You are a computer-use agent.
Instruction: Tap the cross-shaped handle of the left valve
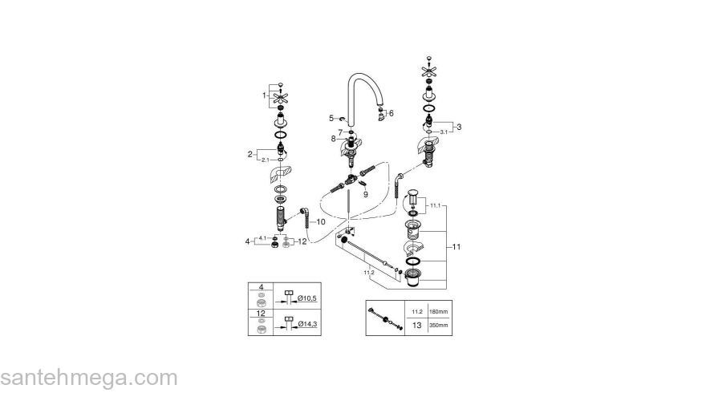pyautogui.click(x=282, y=99)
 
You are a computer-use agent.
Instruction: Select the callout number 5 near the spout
pyautogui.click(x=331, y=118)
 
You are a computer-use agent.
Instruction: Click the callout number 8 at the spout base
pyautogui.click(x=332, y=139)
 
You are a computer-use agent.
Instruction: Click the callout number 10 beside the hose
pyautogui.click(x=321, y=221)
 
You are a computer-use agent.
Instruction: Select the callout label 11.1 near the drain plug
pyautogui.click(x=436, y=206)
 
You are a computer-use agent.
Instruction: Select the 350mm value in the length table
pyautogui.click(x=438, y=326)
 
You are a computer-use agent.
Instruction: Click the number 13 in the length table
pyautogui.click(x=416, y=326)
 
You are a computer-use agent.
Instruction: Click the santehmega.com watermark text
pyautogui.click(x=88, y=378)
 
